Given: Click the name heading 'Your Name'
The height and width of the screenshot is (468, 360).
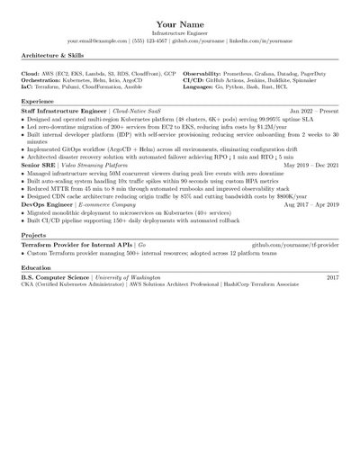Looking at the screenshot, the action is click(x=180, y=22).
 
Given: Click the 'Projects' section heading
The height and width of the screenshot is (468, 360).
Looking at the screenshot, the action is click(x=33, y=235).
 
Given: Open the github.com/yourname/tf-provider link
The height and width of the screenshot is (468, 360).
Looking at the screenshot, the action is click(x=295, y=244).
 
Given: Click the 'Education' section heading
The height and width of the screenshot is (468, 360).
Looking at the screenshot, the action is click(x=36, y=267).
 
